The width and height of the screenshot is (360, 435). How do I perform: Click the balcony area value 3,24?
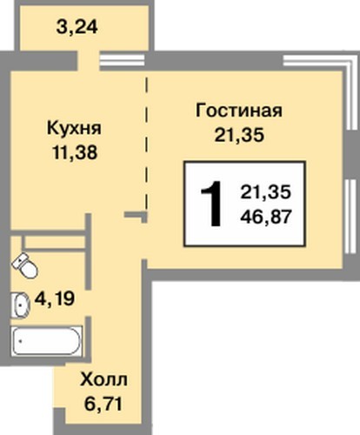tap(77, 28)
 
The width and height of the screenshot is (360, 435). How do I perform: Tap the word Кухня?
tap(74, 129)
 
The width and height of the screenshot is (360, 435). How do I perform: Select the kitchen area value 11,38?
tap(75, 152)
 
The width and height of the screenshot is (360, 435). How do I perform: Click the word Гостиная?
tap(239, 110)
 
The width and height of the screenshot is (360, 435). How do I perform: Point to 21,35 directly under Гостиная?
tap(239, 135)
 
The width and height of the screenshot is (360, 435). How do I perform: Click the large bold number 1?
tap(212, 204)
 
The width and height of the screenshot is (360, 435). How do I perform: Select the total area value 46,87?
tap(266, 217)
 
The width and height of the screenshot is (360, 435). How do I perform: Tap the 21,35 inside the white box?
tap(265, 192)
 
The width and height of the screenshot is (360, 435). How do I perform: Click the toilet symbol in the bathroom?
tap(24, 265)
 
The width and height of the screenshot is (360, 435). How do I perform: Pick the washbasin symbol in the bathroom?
tap(20, 305)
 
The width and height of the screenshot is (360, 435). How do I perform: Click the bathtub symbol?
tap(47, 341)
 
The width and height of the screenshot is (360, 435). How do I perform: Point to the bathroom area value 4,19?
tap(55, 298)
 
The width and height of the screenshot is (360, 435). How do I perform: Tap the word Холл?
tap(103, 379)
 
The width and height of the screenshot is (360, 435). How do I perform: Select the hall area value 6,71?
tap(103, 404)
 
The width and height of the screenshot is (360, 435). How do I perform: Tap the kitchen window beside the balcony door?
tap(122, 61)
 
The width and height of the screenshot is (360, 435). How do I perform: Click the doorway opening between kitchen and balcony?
tap(89, 61)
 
